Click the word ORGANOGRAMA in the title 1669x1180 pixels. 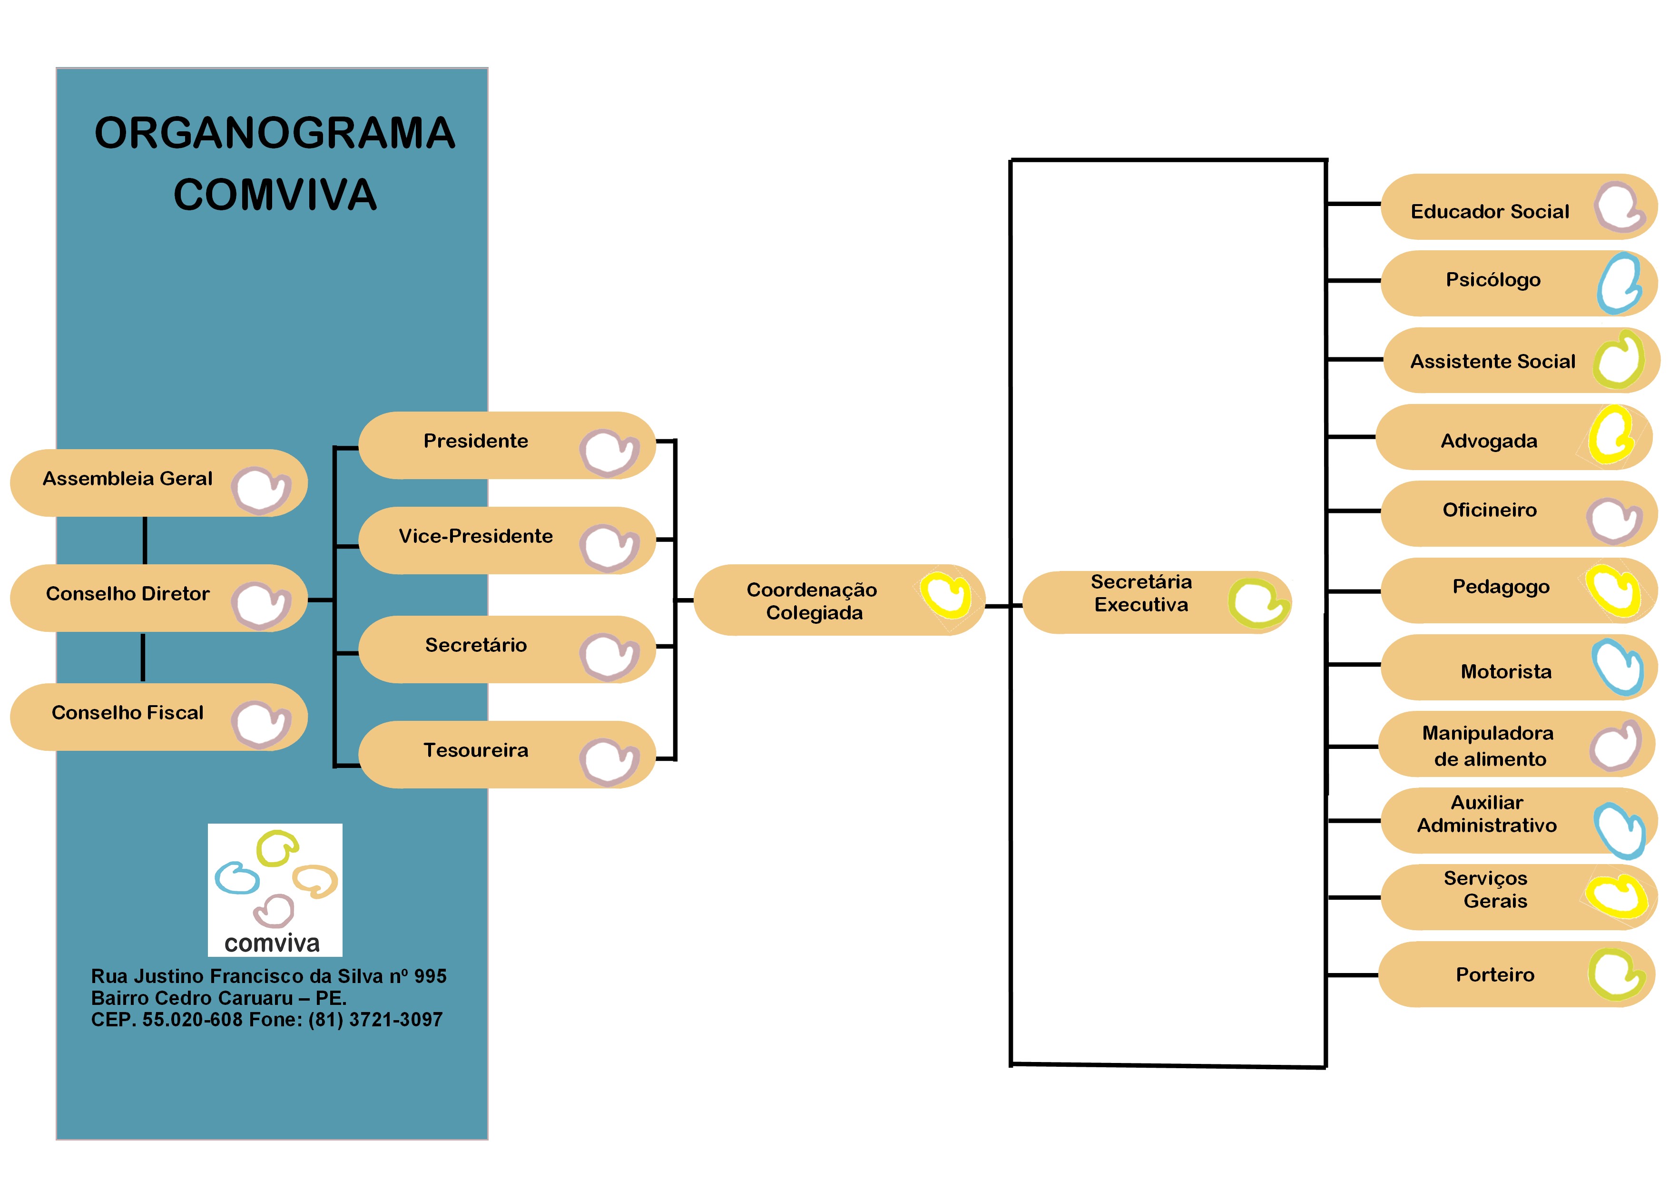[275, 133]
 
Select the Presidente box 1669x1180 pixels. [507, 445]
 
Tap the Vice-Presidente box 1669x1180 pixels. [507, 540]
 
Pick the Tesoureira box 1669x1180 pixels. [507, 755]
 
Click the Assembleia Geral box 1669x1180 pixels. [158, 483]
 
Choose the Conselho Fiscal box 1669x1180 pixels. [158, 717]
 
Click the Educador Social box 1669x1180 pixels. [1519, 207]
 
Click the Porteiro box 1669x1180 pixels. [1517, 974]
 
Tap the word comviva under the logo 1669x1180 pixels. [272, 943]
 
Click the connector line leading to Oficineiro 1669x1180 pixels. [1354, 511]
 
